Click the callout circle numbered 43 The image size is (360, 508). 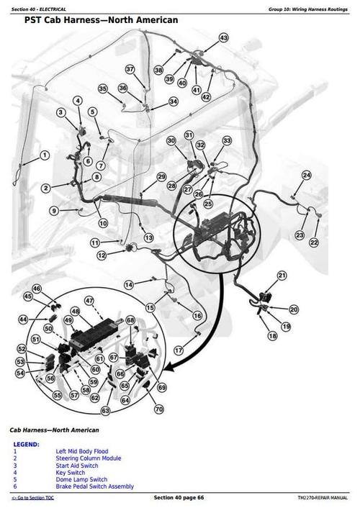click(223, 37)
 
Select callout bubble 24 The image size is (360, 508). click(307, 176)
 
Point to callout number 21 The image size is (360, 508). click(282, 276)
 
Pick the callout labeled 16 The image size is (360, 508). click(197, 316)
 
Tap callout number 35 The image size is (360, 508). click(103, 89)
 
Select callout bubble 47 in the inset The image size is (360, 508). click(89, 300)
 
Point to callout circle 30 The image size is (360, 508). click(171, 141)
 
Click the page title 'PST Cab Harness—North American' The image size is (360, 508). click(101, 21)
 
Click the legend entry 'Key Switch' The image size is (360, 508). click(71, 473)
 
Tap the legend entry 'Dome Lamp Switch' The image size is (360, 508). click(81, 480)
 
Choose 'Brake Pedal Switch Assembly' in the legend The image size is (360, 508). click(94, 487)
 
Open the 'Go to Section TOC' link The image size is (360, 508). click(35, 499)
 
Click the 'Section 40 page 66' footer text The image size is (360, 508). click(179, 498)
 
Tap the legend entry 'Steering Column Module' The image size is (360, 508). click(89, 458)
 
